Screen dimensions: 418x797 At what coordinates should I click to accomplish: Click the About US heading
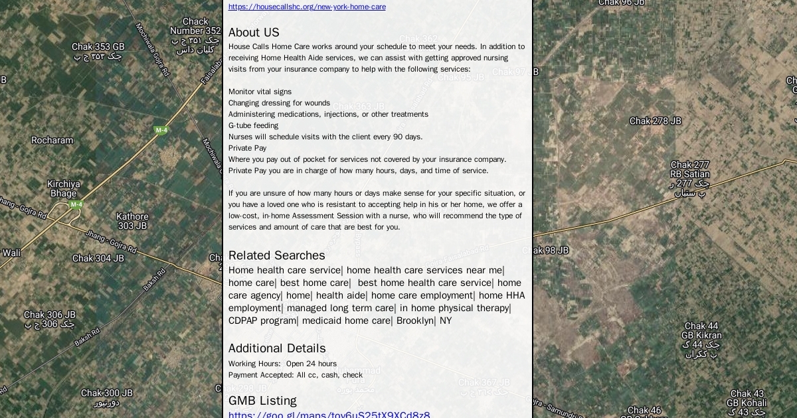254,33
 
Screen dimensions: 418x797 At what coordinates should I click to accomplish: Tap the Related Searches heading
276,255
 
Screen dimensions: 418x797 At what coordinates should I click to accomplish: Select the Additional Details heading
277,348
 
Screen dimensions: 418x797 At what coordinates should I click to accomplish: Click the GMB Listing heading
262,401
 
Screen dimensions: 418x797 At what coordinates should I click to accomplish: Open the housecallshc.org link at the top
307,7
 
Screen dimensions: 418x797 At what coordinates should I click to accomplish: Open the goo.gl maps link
329,415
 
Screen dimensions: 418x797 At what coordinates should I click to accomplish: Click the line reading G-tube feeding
253,125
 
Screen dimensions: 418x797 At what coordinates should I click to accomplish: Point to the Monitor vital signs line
260,92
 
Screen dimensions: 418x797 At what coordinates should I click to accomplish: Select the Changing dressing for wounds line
279,103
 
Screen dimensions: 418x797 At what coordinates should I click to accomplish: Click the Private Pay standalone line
247,148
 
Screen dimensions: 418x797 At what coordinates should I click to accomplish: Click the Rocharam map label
52,140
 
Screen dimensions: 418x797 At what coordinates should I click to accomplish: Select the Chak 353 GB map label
98,47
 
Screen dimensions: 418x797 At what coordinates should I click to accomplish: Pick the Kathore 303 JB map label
132,221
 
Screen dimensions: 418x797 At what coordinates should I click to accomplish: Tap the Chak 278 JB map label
655,121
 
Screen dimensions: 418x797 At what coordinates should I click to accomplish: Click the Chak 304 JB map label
98,258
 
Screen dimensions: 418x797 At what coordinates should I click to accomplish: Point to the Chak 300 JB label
106,393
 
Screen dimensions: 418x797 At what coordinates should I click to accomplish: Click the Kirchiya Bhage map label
63,188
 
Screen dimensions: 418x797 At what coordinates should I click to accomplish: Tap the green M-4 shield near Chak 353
161,130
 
